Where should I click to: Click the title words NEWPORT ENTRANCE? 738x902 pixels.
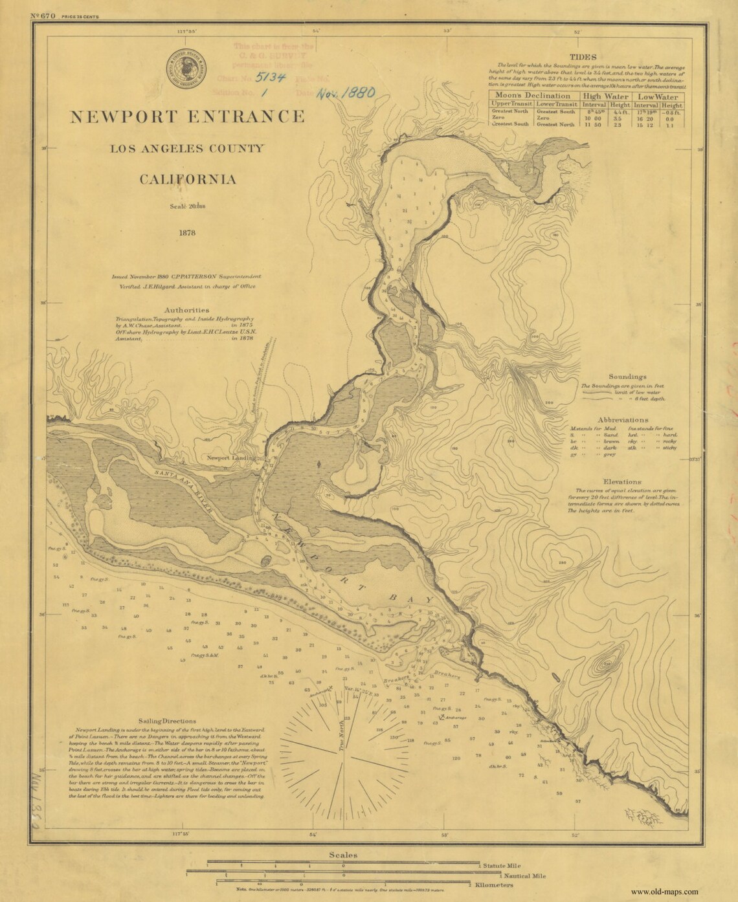click(187, 116)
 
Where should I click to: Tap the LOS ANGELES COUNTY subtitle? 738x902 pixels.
click(187, 149)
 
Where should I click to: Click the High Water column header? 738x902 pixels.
click(603, 95)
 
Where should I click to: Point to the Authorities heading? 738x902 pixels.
click(186, 309)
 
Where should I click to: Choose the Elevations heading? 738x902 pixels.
click(622, 481)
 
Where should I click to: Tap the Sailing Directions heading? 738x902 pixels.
click(167, 720)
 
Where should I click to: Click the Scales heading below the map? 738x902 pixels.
click(343, 855)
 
